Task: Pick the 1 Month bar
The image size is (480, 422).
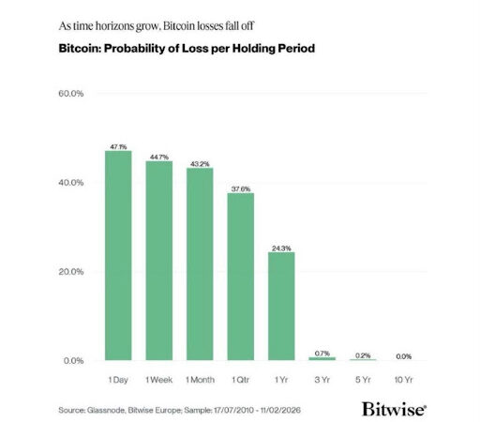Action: [x=200, y=264]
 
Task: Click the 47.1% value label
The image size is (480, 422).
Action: [x=118, y=146]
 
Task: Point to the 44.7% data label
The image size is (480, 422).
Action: [x=158, y=157]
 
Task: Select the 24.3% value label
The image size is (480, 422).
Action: [x=281, y=248]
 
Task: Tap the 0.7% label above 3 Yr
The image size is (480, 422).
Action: [x=322, y=353]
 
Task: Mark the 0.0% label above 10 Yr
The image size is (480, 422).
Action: [x=404, y=355]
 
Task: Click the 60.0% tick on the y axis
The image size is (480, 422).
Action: [x=73, y=94]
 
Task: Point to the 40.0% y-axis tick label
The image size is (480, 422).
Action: [x=73, y=183]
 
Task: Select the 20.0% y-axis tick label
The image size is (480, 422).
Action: [x=73, y=272]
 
